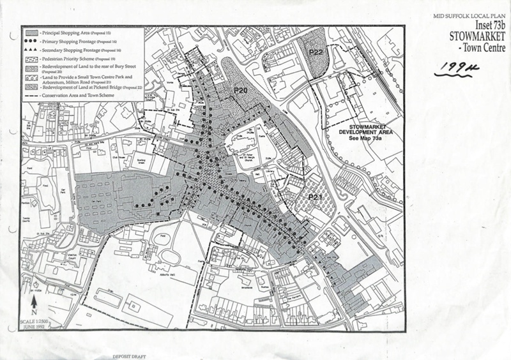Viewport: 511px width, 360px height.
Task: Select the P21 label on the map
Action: coord(313,199)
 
